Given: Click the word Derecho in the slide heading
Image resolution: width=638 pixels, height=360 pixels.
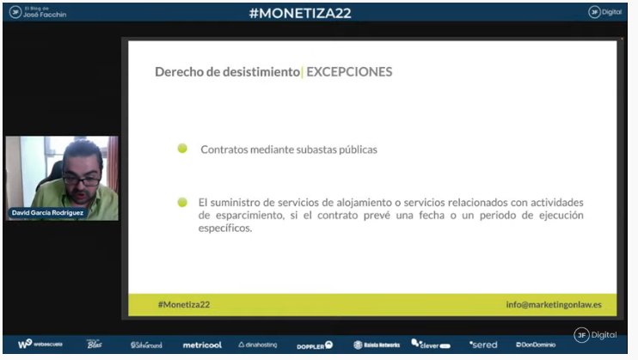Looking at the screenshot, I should [x=179, y=72].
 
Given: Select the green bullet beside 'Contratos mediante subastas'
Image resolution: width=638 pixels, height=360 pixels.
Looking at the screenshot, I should [x=182, y=149].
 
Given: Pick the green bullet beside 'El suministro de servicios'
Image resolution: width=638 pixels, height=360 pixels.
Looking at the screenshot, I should [x=182, y=202].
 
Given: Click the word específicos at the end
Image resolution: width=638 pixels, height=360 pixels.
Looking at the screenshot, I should [x=224, y=229].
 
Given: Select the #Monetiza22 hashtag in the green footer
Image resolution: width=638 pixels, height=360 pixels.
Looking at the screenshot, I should [x=184, y=304].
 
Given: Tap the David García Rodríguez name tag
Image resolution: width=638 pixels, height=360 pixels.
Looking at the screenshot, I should [x=49, y=212].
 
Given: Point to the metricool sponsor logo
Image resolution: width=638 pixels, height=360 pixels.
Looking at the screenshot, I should [x=202, y=345].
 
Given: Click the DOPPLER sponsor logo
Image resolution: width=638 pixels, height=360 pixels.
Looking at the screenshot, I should [x=315, y=345].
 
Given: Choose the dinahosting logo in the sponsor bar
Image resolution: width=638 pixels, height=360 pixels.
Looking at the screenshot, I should [x=258, y=345].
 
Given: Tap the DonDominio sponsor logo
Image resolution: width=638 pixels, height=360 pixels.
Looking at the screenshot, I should [x=536, y=345].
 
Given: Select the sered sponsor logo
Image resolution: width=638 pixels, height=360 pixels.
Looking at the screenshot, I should [x=483, y=345].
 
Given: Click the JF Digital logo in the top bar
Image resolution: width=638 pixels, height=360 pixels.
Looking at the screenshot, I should [x=605, y=12].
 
